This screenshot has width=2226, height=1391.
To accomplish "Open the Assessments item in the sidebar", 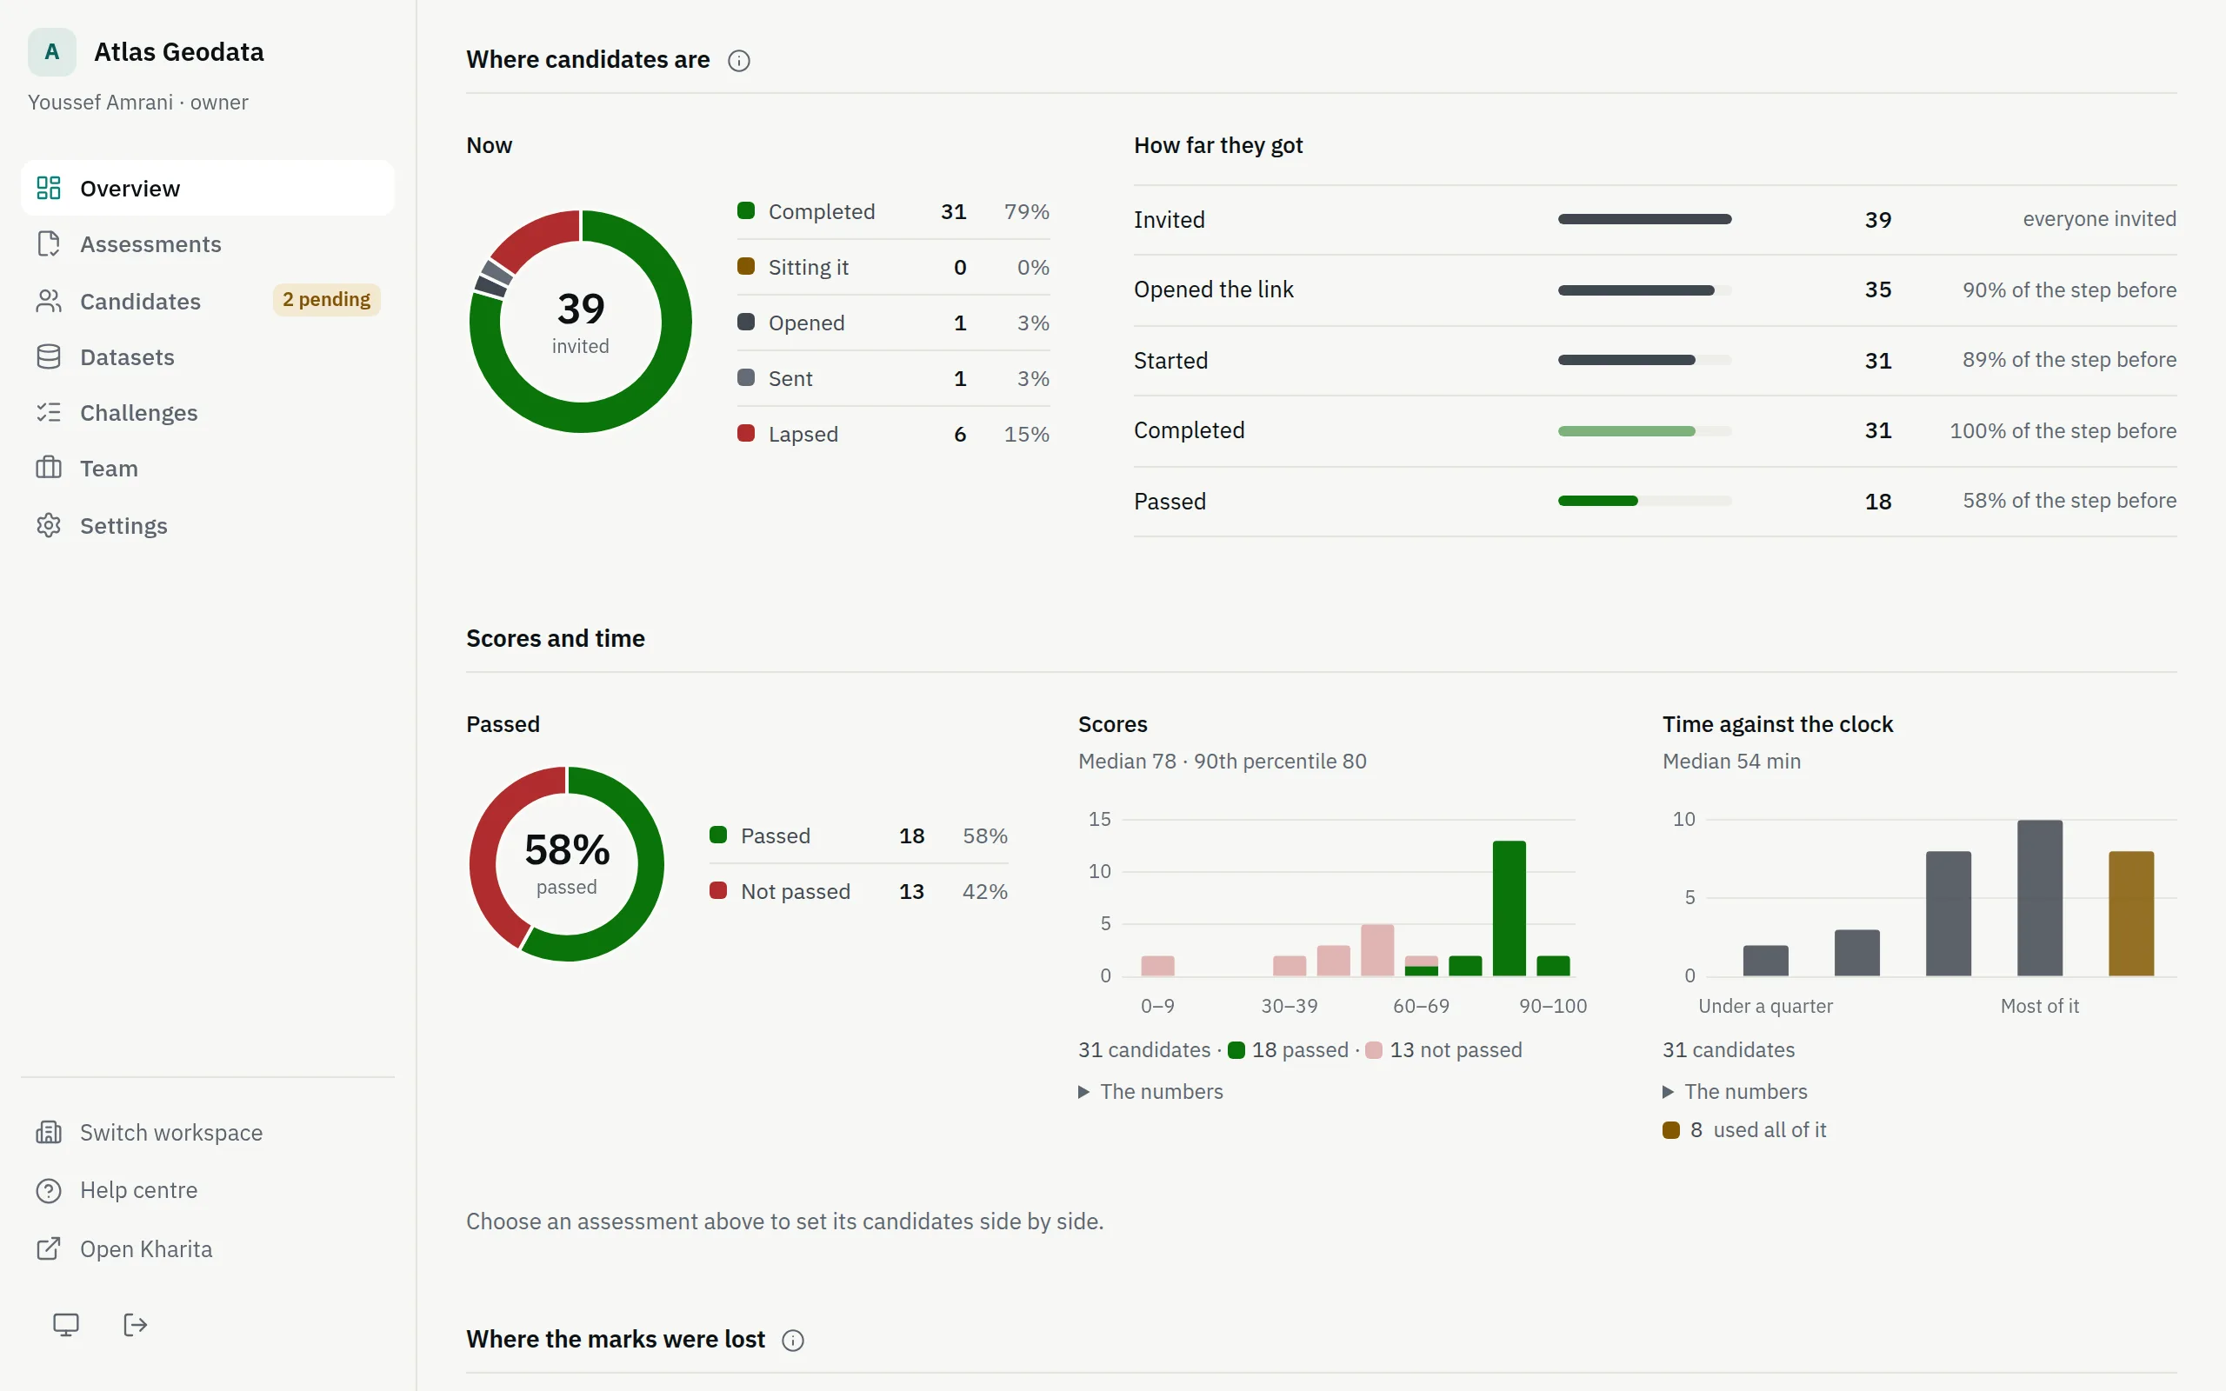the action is [150, 243].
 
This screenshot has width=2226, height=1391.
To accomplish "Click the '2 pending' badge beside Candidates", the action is [327, 300].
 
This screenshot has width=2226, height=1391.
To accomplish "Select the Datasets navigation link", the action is [127, 357].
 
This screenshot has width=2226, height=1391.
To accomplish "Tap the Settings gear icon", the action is [49, 525].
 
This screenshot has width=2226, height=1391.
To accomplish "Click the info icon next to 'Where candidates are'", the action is [738, 61].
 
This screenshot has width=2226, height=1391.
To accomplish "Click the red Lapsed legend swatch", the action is [746, 433].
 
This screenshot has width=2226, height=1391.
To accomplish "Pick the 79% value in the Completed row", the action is [1027, 211].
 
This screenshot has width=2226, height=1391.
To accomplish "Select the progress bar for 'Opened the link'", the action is [1644, 290].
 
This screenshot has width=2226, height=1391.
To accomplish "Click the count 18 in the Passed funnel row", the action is [1877, 502].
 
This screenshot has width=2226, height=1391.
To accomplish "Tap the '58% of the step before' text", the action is [2069, 501].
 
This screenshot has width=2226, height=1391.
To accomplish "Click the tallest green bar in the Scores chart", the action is [1509, 908].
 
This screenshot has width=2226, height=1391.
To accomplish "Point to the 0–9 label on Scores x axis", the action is [1157, 1006].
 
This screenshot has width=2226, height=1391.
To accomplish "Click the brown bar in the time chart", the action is [2131, 914].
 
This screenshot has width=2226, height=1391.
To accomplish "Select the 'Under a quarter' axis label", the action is [1765, 1006].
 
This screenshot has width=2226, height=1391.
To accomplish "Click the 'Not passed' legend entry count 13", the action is [910, 891].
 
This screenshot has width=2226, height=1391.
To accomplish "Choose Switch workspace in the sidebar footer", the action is [171, 1133].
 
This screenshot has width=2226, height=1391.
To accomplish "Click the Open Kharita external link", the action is [146, 1248].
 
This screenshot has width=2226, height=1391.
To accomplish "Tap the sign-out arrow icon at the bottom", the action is [136, 1325].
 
